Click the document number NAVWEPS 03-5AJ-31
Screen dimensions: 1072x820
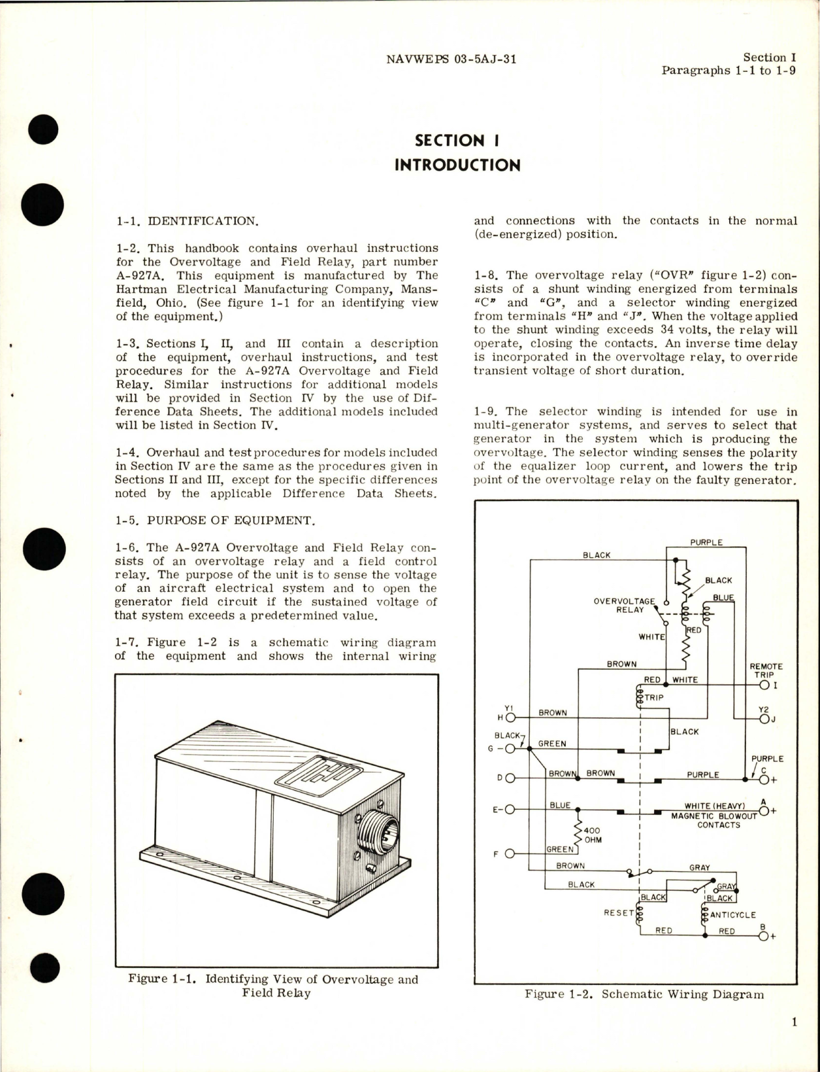click(451, 59)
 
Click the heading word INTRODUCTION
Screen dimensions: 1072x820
click(457, 165)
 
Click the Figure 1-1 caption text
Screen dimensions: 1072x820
click(273, 986)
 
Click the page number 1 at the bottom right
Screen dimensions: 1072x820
click(794, 1041)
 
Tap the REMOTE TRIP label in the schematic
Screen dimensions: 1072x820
click(766, 670)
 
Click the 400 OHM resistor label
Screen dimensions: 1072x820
click(592, 835)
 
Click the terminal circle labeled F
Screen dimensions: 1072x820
click(510, 854)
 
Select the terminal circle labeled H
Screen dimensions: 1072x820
click(510, 718)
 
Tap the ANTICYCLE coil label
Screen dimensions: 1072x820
click(732, 915)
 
